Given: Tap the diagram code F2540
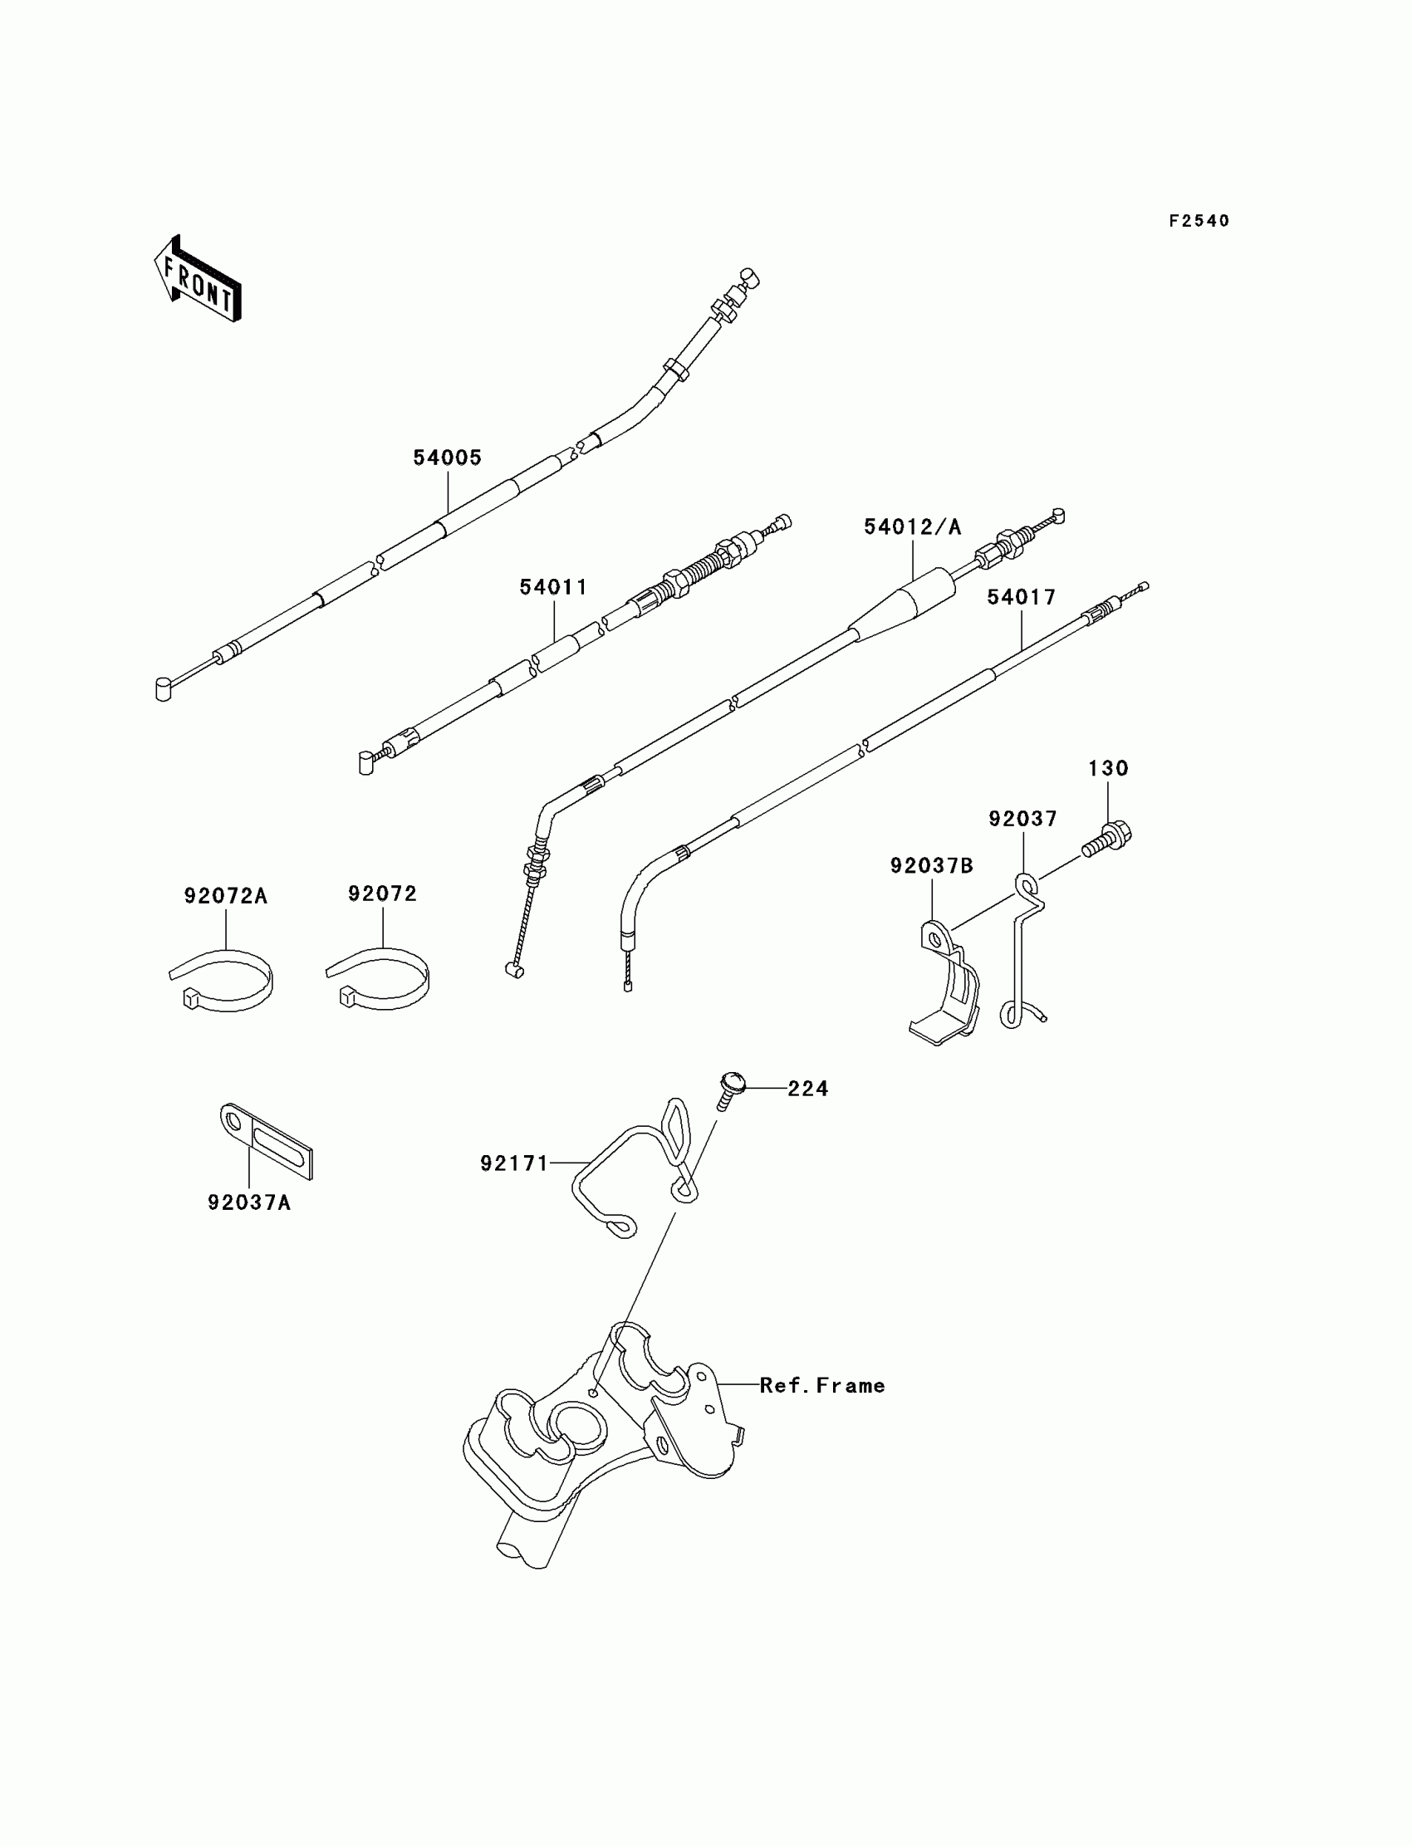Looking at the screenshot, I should tap(1199, 221).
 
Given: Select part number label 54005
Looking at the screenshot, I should tap(447, 458).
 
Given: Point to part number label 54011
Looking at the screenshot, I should tap(553, 587).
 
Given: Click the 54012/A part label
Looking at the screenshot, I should tap(913, 526).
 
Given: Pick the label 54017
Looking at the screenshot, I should tap(1021, 597).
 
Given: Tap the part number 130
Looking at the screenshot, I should tap(1108, 768).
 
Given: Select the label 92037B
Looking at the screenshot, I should tap(931, 865).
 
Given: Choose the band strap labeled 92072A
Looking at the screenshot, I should tap(223, 980).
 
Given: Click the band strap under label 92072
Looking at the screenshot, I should tap(379, 978).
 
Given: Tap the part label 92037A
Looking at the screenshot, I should tap(249, 1203).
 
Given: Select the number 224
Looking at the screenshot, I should tap(807, 1089).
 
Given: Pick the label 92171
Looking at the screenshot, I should tap(513, 1163).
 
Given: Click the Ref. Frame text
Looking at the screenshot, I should tap(822, 1386).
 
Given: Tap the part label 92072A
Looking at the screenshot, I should tap(225, 897).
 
